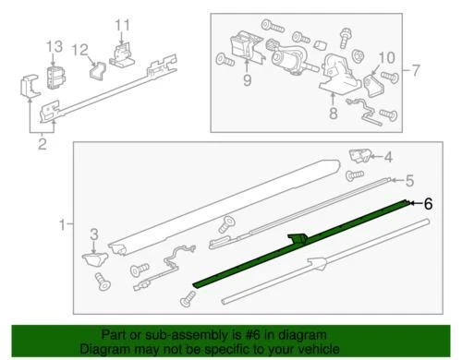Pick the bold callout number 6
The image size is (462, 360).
pyautogui.click(x=427, y=206)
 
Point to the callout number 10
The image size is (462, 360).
pyautogui.click(x=386, y=57)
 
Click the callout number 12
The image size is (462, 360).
pyautogui.click(x=81, y=50)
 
